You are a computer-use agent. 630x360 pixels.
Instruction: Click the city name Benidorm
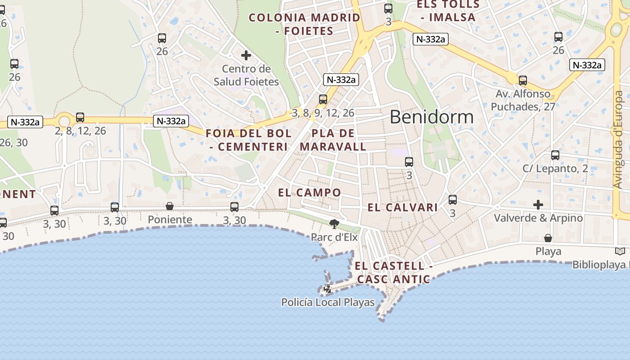[432, 117]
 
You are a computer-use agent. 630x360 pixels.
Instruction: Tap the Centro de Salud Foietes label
[246, 76]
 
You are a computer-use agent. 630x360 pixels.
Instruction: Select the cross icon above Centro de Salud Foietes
[246, 55]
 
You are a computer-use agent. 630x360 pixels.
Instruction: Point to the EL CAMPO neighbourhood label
[310, 193]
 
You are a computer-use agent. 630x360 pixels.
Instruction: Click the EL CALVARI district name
[403, 207]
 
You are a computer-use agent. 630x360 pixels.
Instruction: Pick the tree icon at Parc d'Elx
[334, 224]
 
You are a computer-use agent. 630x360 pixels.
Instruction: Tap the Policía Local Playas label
[328, 302]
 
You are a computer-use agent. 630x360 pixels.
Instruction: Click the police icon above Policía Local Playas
[328, 289]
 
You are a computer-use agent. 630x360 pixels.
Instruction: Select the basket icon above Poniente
[170, 206]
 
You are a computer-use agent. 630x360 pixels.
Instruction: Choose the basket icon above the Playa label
[548, 238]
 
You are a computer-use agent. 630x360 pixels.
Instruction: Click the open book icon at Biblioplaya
[620, 252]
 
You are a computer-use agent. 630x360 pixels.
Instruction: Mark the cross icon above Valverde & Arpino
[538, 205]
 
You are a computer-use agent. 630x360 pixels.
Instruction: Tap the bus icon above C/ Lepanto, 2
[555, 155]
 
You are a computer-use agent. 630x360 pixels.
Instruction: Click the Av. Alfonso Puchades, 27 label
[523, 100]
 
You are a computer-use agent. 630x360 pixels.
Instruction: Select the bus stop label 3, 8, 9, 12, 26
[323, 113]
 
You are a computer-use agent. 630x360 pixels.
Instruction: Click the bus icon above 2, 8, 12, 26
[80, 117]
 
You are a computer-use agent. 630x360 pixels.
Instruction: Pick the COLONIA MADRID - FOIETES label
[305, 24]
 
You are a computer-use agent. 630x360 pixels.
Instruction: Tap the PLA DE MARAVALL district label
[333, 140]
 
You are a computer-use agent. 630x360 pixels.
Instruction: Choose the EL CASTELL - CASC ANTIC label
[394, 273]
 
